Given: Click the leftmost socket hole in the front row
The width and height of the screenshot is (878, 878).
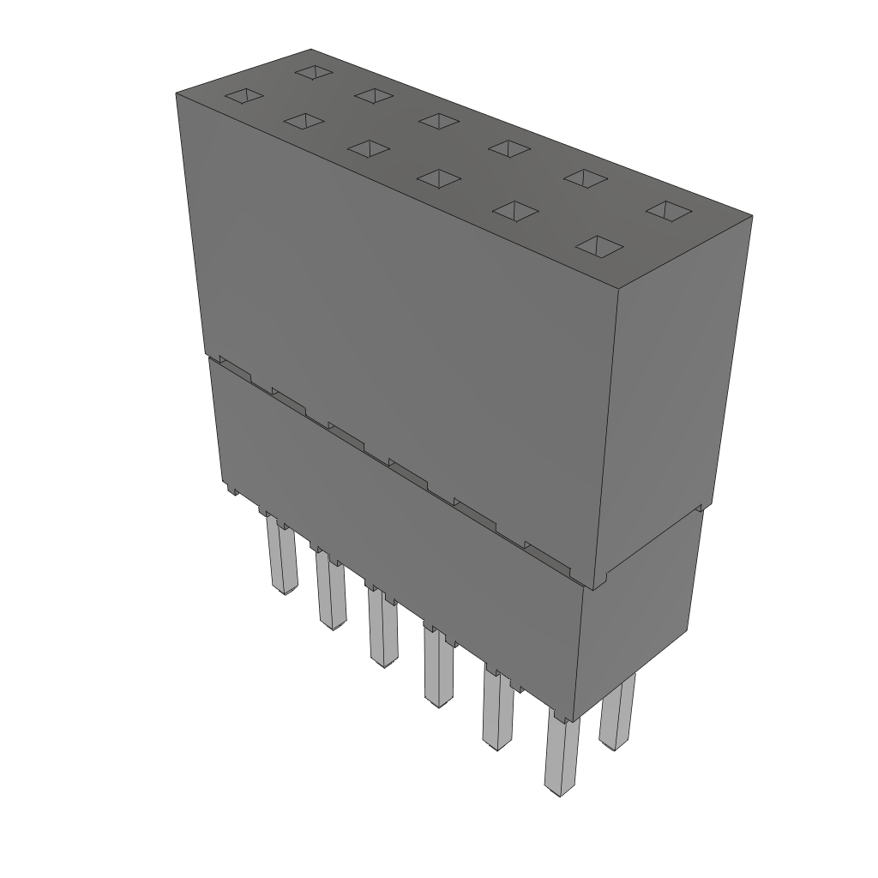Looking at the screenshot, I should point(244,97).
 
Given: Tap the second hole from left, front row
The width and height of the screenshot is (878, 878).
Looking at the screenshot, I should point(304,122).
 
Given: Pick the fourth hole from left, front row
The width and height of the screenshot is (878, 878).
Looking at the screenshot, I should point(438,177).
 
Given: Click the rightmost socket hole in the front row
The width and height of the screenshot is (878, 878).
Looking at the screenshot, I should point(598,246).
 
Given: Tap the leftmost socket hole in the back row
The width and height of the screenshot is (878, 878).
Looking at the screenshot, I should point(314,72).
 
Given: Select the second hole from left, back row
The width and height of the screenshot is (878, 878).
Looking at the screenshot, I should point(374,94).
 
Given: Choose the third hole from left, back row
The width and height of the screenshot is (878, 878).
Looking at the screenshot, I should point(438,120).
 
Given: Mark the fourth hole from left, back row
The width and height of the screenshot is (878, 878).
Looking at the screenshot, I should point(508,147).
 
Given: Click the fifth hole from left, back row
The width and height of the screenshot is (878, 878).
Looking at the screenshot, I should point(585,177).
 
